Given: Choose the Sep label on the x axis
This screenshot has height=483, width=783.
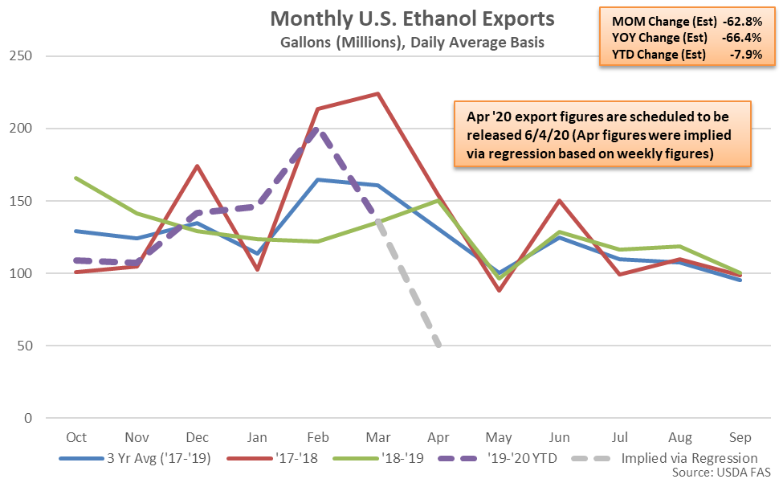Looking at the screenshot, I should pyautogui.click(x=740, y=436).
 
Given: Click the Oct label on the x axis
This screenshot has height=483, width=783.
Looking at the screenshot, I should pyautogui.click(x=76, y=436).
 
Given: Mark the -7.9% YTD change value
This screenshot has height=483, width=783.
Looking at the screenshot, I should pyautogui.click(x=752, y=55).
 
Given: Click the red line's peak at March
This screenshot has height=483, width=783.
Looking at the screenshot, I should pyautogui.click(x=377, y=93).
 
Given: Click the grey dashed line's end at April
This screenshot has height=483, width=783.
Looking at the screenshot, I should pyautogui.click(x=438, y=346).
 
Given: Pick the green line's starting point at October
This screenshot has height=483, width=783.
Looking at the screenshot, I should pyautogui.click(x=76, y=178).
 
